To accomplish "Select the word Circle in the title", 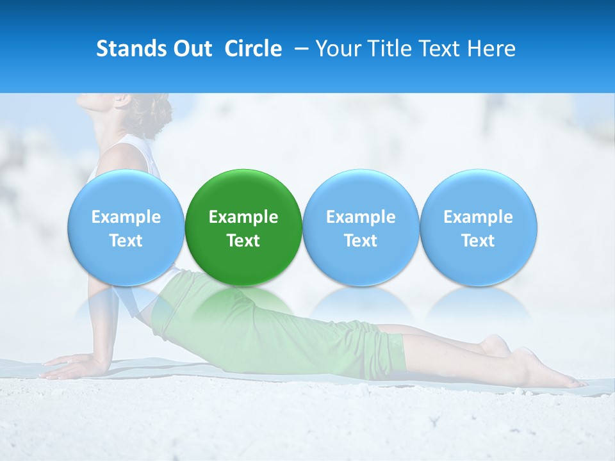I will tap(253, 49).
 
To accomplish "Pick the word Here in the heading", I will tap(490, 49).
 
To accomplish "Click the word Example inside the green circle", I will tap(243, 217).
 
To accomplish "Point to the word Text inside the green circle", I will tap(243, 241).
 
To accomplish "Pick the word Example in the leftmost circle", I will tap(126, 217).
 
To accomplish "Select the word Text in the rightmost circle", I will tap(478, 241).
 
